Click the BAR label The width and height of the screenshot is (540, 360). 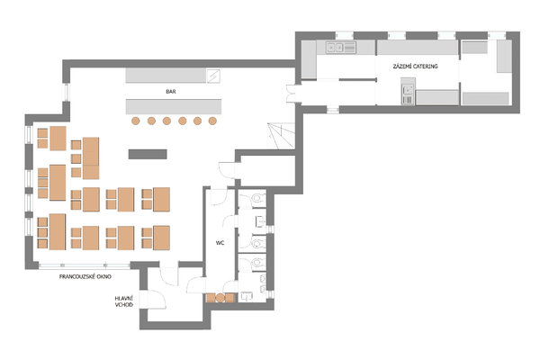171,92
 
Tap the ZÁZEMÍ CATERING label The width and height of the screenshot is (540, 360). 415,66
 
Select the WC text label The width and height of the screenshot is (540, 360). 220,243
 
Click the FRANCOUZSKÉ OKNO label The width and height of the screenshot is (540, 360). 85,276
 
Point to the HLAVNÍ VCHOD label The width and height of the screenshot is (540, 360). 124,301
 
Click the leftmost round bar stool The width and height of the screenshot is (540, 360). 136,121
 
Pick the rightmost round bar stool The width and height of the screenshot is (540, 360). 212,121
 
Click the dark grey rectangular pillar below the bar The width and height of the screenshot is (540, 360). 148,154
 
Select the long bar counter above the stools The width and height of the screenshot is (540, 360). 174,107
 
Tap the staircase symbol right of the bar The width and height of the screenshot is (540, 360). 282,136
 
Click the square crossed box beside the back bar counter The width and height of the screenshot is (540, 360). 213,76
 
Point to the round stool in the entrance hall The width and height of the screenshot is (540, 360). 220,298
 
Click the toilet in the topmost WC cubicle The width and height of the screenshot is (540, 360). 257,198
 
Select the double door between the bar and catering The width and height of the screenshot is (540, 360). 291,94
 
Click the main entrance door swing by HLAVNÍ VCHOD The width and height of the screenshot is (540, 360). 157,300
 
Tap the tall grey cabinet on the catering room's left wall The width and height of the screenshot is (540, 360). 309,59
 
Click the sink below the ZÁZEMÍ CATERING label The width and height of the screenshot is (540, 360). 408,94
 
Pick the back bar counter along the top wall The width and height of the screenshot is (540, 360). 166,76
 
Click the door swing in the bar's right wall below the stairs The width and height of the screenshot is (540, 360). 228,170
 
